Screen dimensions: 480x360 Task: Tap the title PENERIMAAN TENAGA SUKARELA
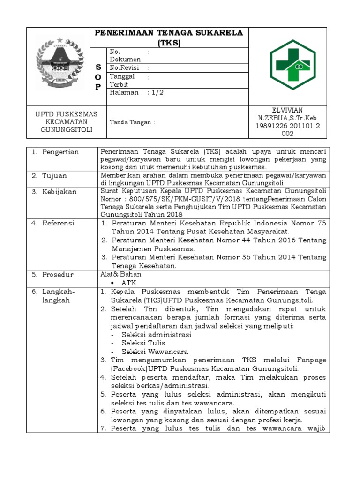169,32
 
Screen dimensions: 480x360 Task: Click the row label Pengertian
60,152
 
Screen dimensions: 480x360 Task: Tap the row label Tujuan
56,176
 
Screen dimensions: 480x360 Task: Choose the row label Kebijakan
60,192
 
